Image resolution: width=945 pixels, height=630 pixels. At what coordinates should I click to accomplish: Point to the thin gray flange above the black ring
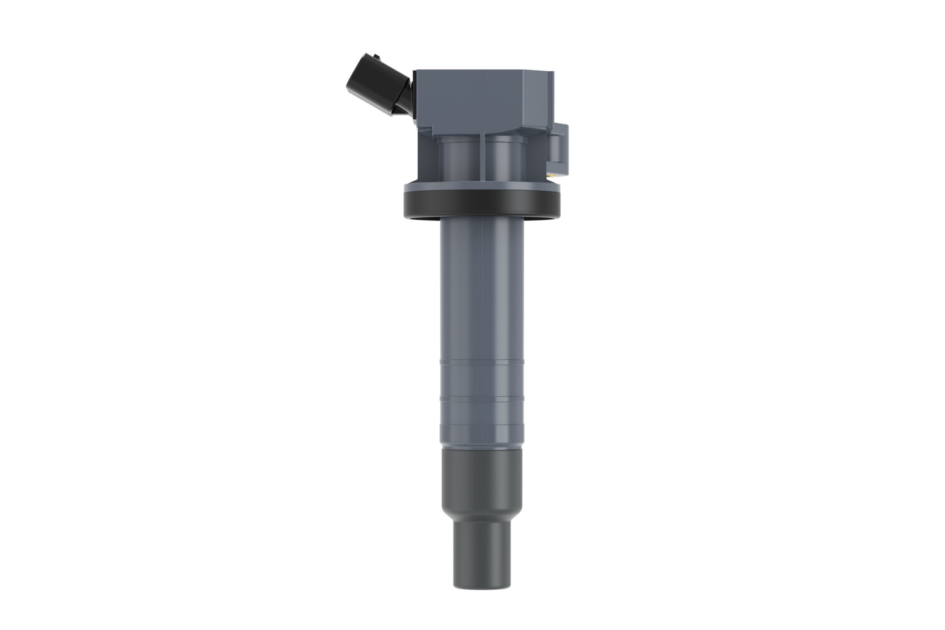coord(482,186)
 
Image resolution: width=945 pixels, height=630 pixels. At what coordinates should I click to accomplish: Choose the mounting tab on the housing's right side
coord(560,148)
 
